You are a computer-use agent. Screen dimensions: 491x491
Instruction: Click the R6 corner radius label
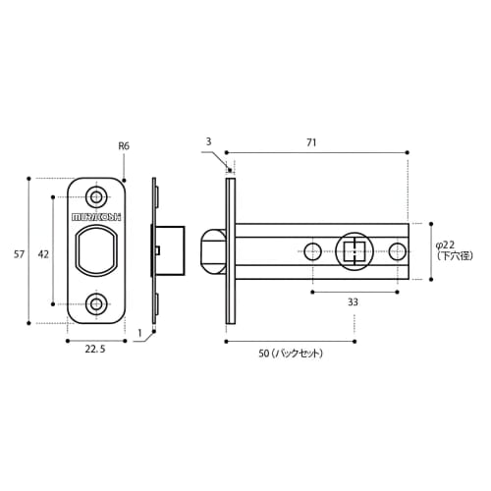coord(124,145)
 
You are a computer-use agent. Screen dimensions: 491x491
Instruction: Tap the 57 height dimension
coord(19,253)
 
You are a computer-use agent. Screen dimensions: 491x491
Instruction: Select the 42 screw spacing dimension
coord(43,253)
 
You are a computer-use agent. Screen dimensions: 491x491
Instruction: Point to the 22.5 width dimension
coord(95,348)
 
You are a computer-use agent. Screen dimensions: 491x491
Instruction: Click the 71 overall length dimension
coord(311,142)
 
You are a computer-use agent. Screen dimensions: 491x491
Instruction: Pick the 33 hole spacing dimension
coord(352,303)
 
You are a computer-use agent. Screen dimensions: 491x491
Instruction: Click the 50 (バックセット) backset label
coord(291,354)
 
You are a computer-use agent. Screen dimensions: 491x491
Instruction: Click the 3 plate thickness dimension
coord(209,142)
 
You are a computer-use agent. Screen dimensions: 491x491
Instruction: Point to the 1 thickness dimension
coord(139,333)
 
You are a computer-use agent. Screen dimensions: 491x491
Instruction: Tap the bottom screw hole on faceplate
coord(96,304)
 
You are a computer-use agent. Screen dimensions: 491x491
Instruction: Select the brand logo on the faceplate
coord(95,216)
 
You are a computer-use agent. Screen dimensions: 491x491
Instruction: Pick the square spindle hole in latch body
coord(355,251)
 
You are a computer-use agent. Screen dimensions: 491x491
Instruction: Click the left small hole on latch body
coord(312,251)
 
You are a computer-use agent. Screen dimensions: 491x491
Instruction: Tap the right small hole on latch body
coord(397,251)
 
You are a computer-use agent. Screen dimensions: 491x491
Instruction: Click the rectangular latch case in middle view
coord(169,250)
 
